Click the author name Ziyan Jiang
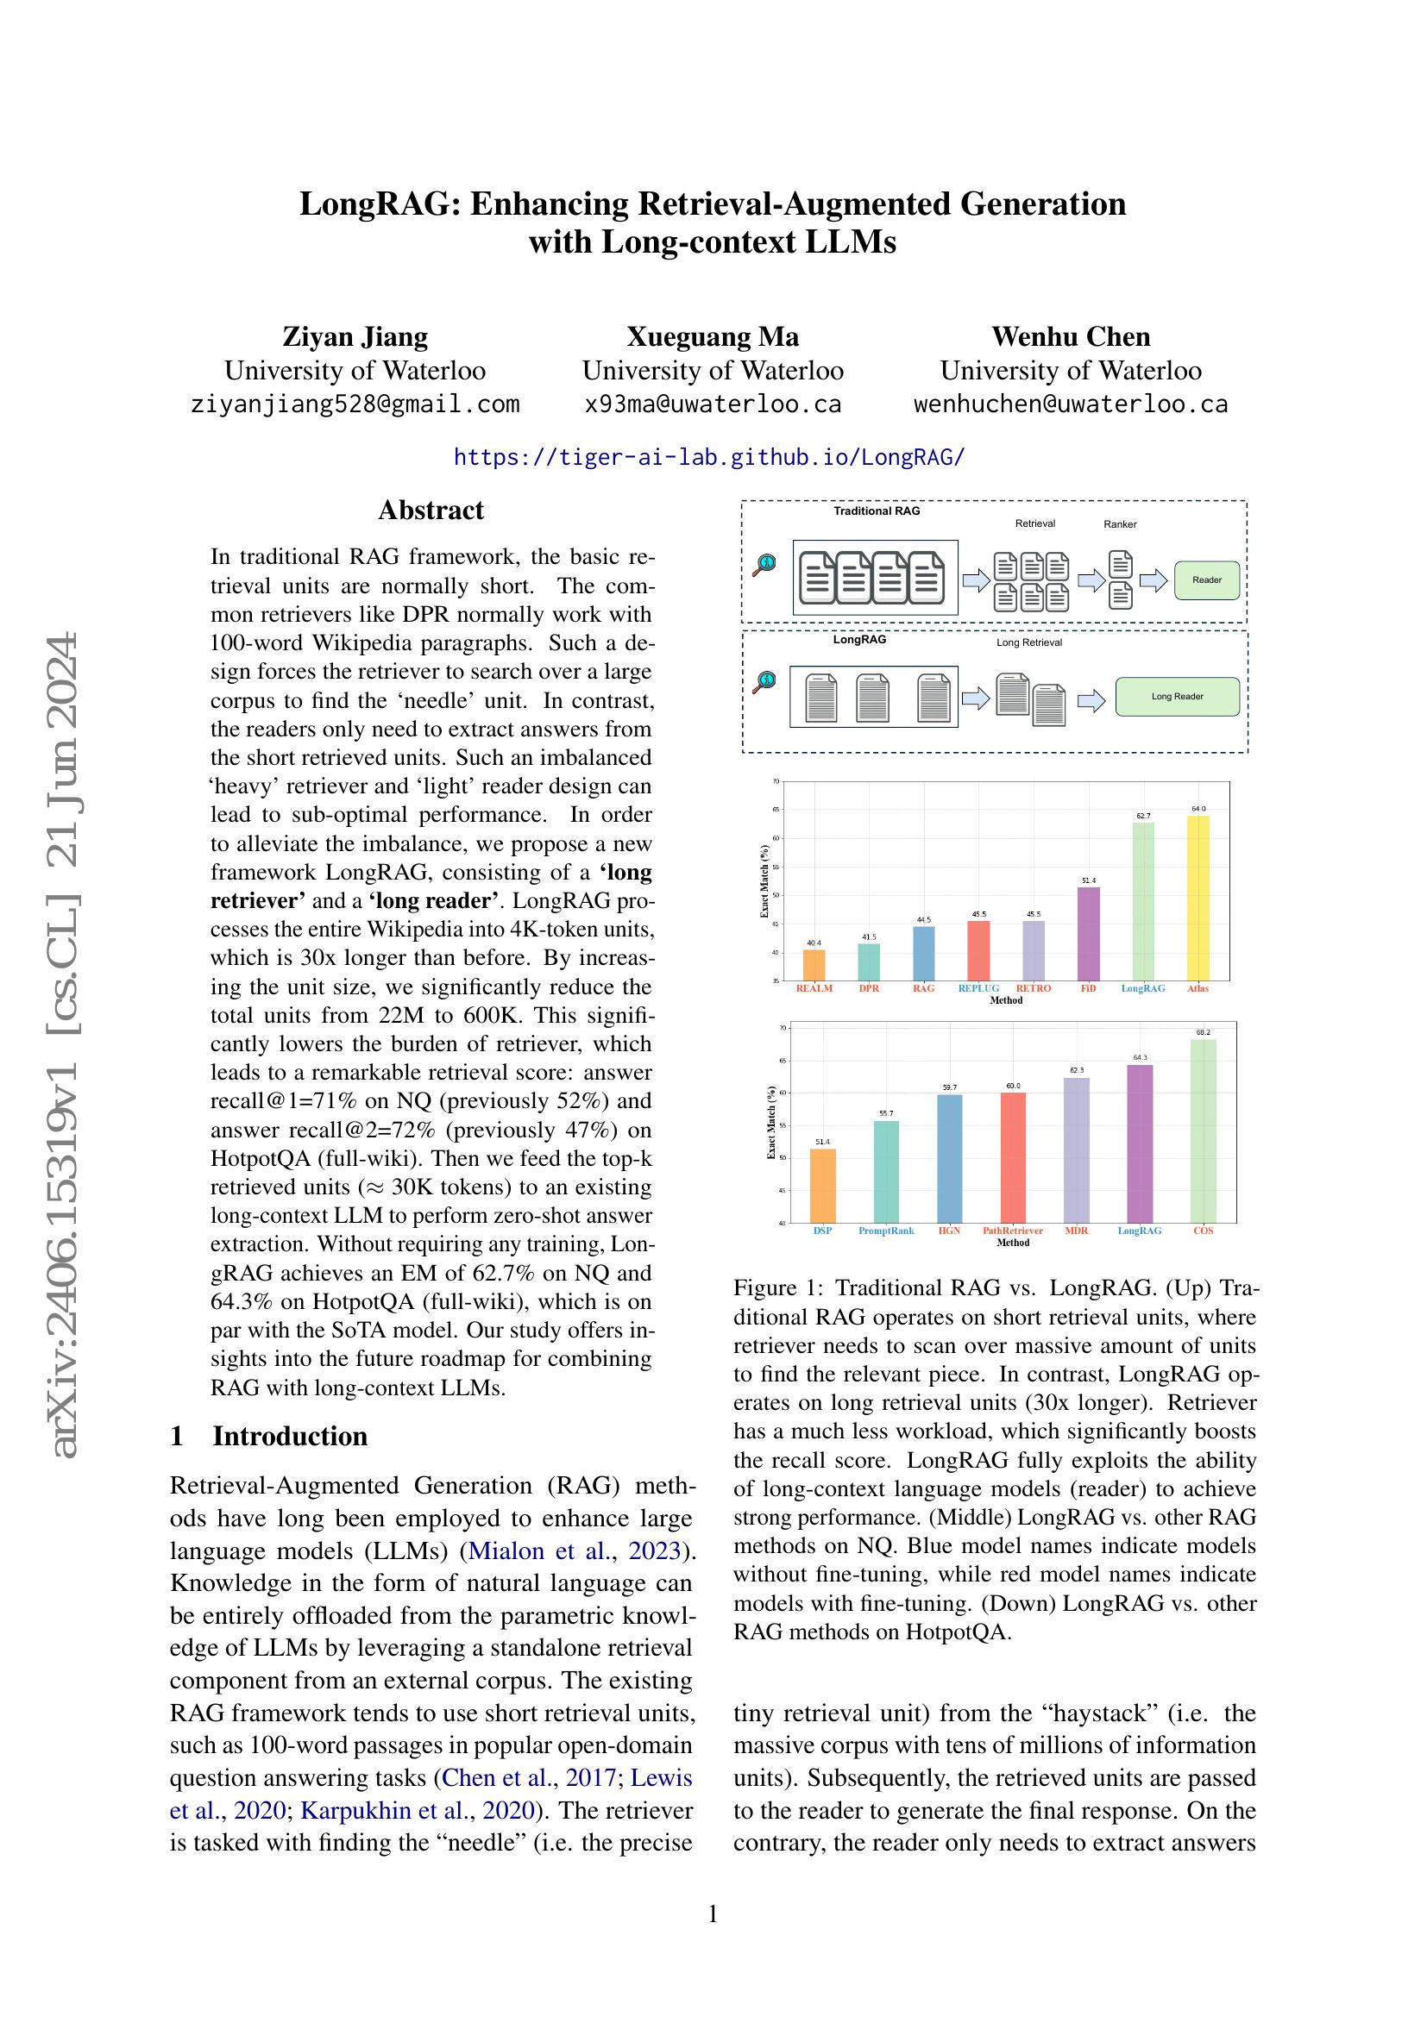[x=355, y=336]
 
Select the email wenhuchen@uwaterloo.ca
[x=1070, y=404]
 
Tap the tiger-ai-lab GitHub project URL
[x=709, y=457]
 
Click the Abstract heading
[x=431, y=511]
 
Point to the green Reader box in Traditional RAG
[x=1206, y=579]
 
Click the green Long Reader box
[x=1177, y=697]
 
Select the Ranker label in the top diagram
[x=1120, y=524]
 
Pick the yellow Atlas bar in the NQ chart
[x=1198, y=897]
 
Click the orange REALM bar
[x=814, y=965]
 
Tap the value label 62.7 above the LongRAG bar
[x=1143, y=816]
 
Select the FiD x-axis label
[x=1088, y=988]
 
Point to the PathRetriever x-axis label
[x=1012, y=1231]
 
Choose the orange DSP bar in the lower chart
[x=822, y=1185]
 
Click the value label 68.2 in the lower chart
[x=1203, y=1032]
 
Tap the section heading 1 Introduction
[x=269, y=1437]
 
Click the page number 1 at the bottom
[x=713, y=1914]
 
